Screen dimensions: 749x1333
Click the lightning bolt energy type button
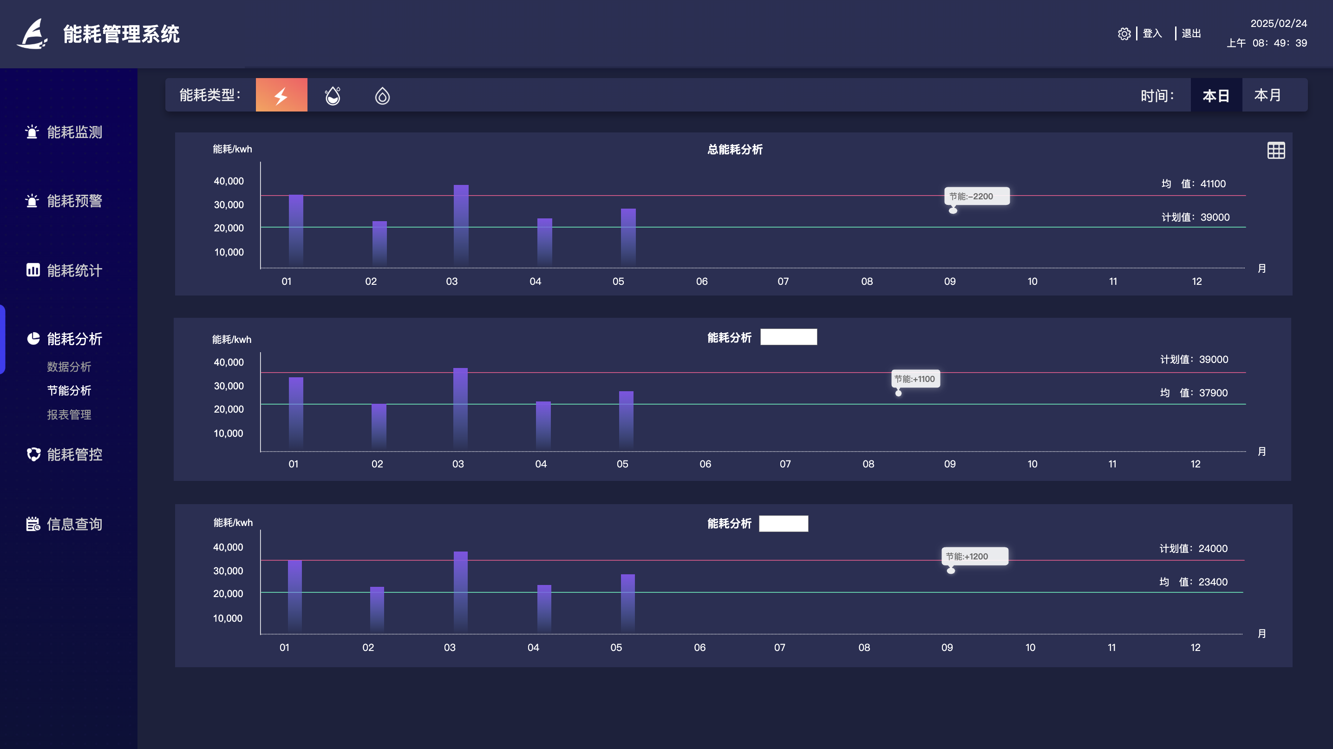(x=281, y=95)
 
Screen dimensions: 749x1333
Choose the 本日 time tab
(x=1215, y=95)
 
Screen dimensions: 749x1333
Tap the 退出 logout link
(x=1191, y=33)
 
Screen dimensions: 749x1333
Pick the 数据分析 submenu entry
(x=69, y=367)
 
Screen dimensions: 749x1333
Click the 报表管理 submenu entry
(x=69, y=414)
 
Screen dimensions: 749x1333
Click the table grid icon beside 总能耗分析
(x=1275, y=151)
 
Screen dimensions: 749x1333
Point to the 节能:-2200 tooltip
(x=976, y=196)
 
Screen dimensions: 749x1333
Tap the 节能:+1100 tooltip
(x=915, y=379)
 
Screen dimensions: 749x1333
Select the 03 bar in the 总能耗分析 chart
(x=461, y=225)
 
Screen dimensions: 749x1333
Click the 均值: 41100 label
(x=1193, y=184)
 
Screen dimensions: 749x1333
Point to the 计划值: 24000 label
(x=1193, y=549)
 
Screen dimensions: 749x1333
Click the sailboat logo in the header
(x=33, y=34)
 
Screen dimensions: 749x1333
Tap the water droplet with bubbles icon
(x=333, y=96)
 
